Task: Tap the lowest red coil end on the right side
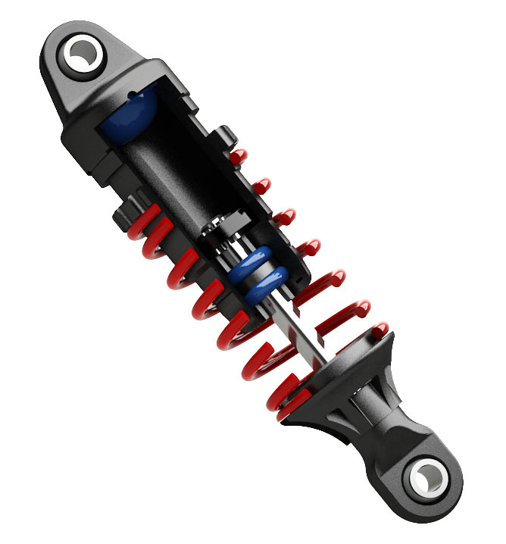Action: (379, 330)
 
